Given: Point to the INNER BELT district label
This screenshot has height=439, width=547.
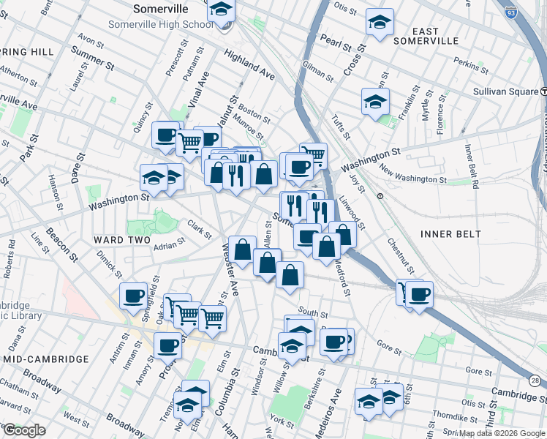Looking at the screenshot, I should coord(450,233).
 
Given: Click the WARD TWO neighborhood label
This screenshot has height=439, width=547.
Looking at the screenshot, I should coord(121,240).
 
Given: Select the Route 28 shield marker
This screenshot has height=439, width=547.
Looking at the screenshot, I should coord(536,381).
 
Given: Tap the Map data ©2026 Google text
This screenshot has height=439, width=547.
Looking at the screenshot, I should coord(501,433).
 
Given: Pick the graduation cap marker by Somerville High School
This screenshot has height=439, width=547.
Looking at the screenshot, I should coord(220,10).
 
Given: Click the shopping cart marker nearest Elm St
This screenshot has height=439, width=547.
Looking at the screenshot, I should coord(212,318).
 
